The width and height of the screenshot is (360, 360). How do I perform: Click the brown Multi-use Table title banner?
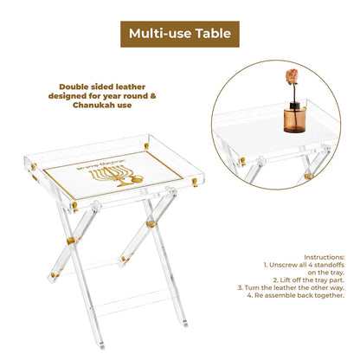[179, 34]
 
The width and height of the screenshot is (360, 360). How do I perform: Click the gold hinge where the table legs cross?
[151, 224]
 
